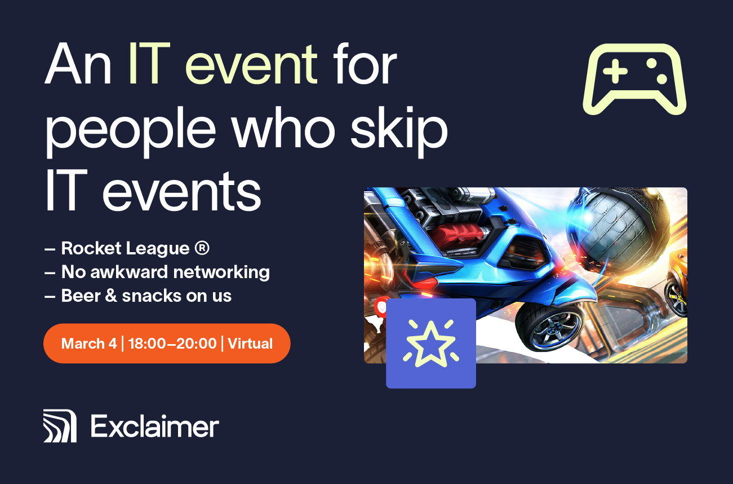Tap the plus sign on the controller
coord(615,71)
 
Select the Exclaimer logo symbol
coord(60,426)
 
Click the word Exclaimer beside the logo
coord(155,426)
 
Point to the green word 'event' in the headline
coord(251,65)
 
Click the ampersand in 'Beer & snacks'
coord(111,296)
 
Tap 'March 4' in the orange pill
coord(88,344)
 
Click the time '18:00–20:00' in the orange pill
coord(172,344)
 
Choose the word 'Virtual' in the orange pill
coord(250,344)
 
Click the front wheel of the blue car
coord(549,329)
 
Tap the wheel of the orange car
coord(677,298)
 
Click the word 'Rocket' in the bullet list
coord(91,248)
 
